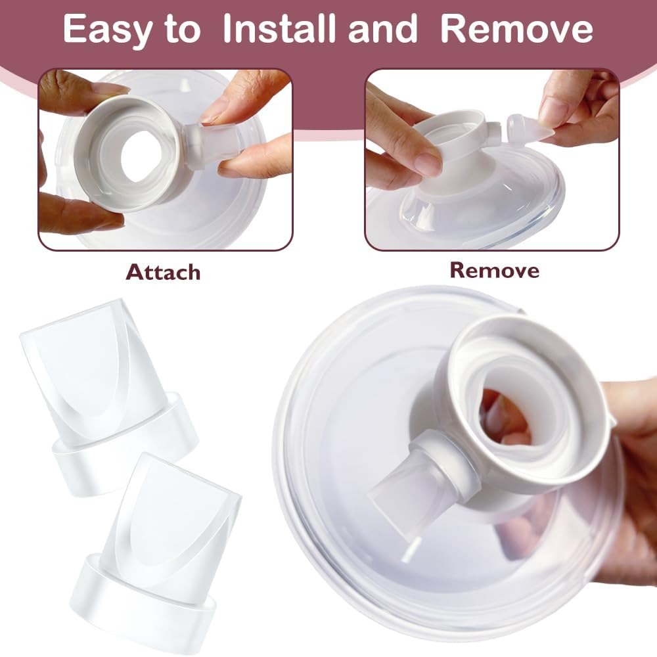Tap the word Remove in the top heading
[516, 30]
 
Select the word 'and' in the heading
[384, 30]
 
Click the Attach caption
[163, 271]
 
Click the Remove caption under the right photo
[494, 269]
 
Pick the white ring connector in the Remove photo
[453, 131]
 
